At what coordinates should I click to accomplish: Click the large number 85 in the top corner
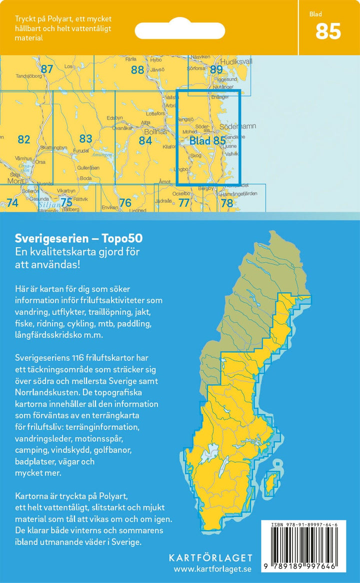(x=328, y=31)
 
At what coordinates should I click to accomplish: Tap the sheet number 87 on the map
(x=46, y=69)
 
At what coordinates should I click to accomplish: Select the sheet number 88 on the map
(x=137, y=70)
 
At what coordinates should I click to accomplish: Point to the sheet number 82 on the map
(x=23, y=139)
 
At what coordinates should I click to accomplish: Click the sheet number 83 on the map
(x=85, y=138)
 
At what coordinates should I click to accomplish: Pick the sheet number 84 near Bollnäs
(x=145, y=140)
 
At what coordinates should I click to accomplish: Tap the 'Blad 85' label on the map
(x=207, y=141)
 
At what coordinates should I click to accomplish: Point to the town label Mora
(x=16, y=181)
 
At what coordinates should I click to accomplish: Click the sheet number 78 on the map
(x=226, y=203)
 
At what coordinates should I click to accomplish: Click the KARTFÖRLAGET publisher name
(x=211, y=557)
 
